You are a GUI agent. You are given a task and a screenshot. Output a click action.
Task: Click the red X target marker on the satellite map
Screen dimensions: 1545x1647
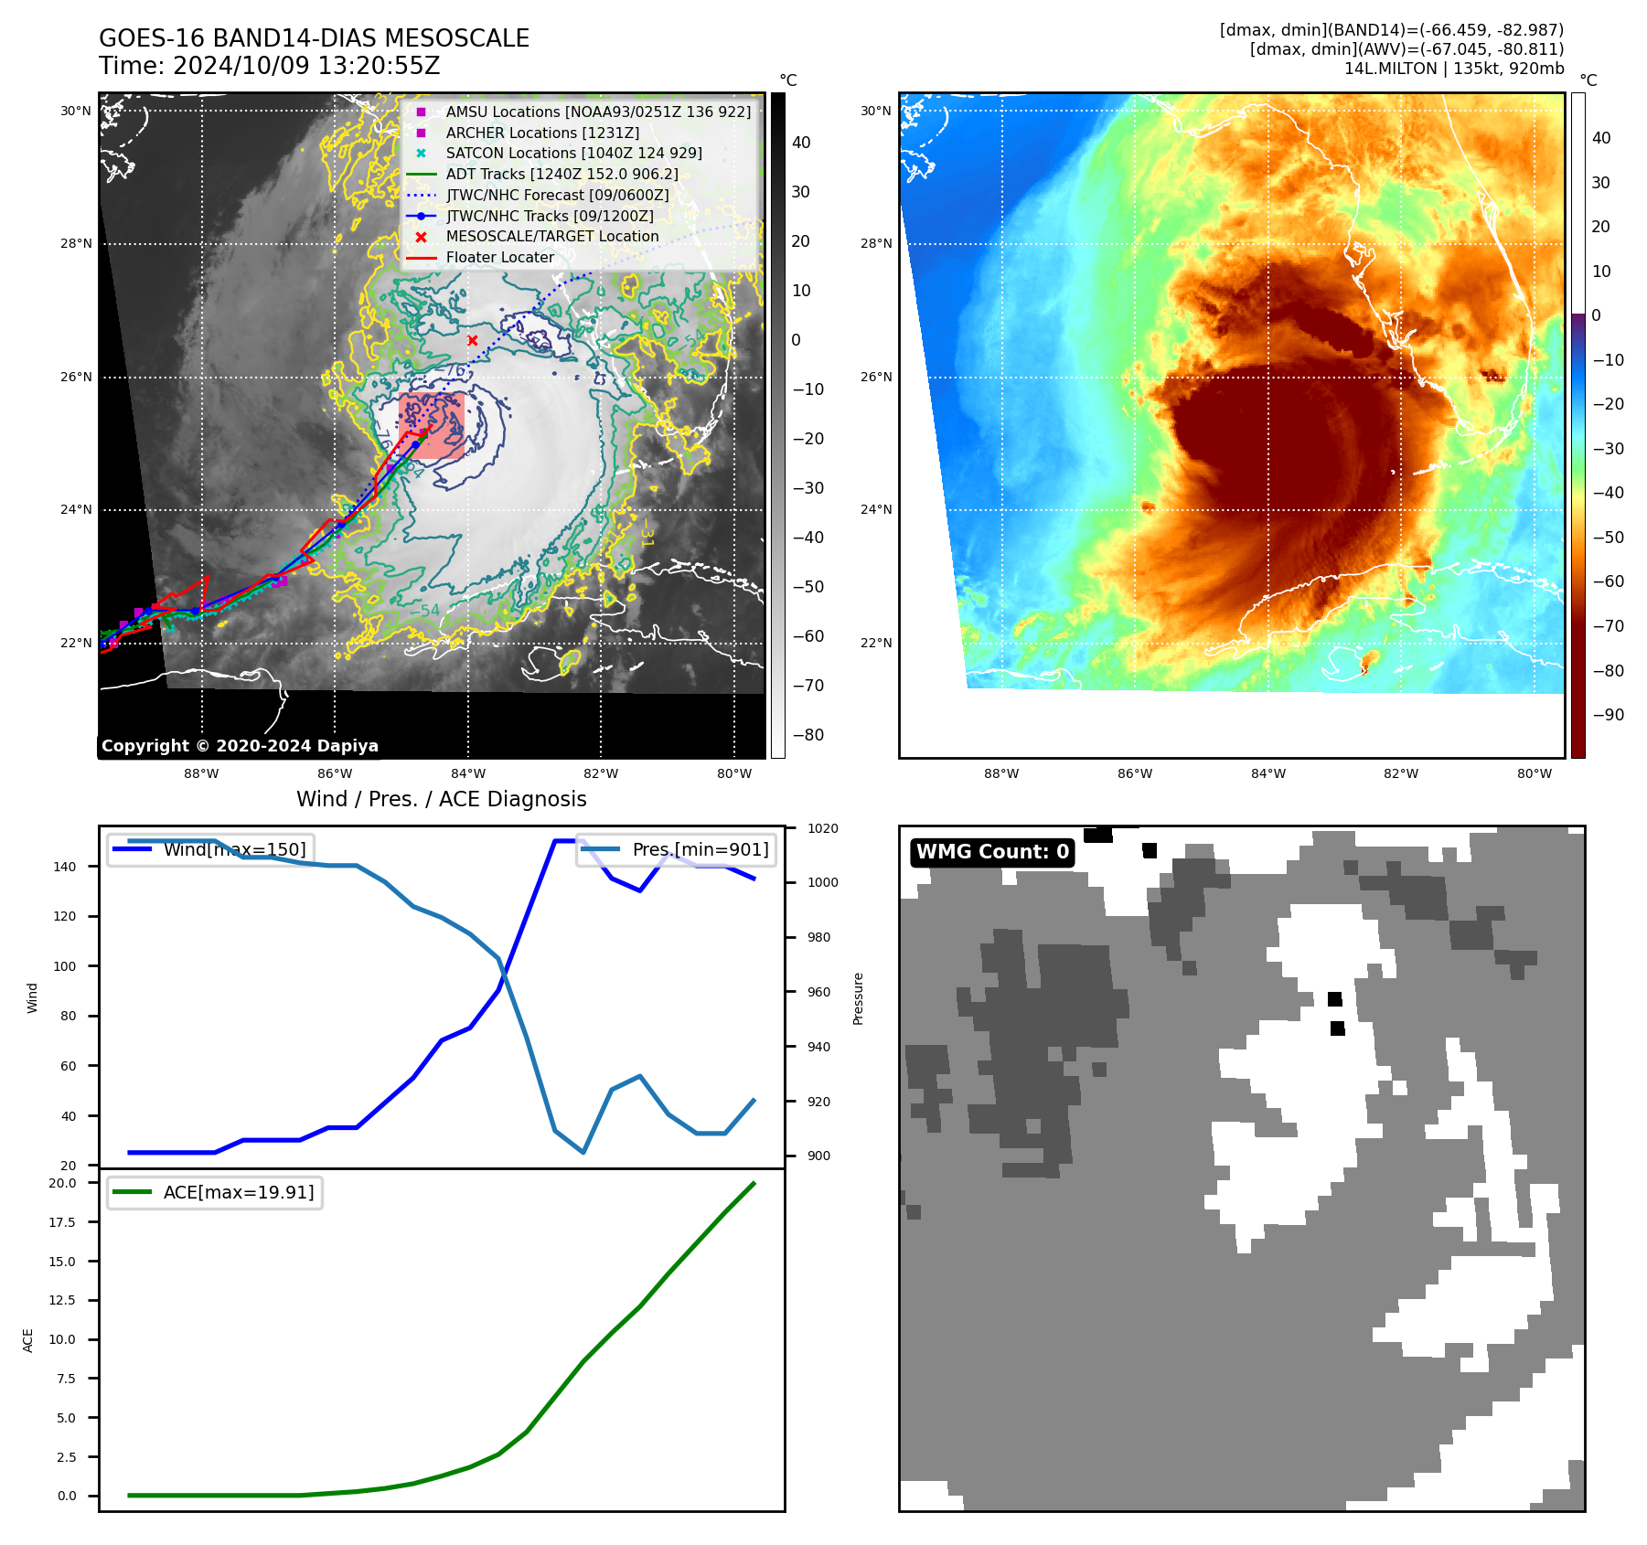pyautogui.click(x=473, y=341)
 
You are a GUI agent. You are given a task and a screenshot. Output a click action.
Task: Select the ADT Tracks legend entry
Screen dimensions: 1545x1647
pyautogui.click(x=561, y=174)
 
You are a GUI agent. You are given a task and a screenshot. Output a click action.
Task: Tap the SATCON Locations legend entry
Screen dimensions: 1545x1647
pyautogui.click(x=573, y=153)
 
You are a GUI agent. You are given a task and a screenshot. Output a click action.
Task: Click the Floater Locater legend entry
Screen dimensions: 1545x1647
pyautogui.click(x=499, y=257)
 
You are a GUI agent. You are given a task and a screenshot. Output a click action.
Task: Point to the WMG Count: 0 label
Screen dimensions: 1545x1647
pyautogui.click(x=992, y=852)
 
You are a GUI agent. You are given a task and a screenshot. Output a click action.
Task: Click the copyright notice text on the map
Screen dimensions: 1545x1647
pyautogui.click(x=240, y=746)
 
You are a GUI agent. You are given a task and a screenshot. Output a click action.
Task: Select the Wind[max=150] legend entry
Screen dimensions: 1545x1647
pyautogui.click(x=234, y=849)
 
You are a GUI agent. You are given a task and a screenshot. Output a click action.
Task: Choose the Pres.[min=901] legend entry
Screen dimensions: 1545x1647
pyautogui.click(x=700, y=849)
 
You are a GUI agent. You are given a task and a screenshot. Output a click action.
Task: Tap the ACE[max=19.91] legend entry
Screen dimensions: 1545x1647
pyautogui.click(x=238, y=1192)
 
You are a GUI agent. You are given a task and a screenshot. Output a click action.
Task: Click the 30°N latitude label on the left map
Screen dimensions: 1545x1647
pyautogui.click(x=76, y=112)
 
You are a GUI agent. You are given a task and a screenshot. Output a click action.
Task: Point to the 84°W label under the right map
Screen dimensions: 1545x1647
pyautogui.click(x=1267, y=773)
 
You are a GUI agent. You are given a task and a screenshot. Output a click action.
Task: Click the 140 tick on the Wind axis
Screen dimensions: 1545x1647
pyautogui.click(x=65, y=867)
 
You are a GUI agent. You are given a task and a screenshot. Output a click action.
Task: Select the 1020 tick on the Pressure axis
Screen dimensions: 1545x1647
pyautogui.click(x=822, y=828)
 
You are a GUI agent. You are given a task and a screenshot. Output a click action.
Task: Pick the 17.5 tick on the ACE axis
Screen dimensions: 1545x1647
pyautogui.click(x=62, y=1222)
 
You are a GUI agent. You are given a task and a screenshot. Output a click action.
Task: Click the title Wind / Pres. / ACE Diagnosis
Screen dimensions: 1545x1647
pyautogui.click(x=441, y=799)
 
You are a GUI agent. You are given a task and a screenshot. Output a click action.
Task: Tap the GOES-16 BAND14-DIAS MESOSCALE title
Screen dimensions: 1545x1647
pyautogui.click(x=314, y=38)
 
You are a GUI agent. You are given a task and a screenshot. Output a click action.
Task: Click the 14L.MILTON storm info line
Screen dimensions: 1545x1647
pyautogui.click(x=1453, y=69)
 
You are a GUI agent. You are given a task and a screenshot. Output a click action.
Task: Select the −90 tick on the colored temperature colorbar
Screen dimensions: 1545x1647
pyautogui.click(x=1608, y=715)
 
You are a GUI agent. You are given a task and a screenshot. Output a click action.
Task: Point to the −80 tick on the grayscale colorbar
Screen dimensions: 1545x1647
pyautogui.click(x=807, y=735)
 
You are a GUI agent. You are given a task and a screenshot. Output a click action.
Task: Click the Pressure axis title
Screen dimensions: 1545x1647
pyautogui.click(x=858, y=998)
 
